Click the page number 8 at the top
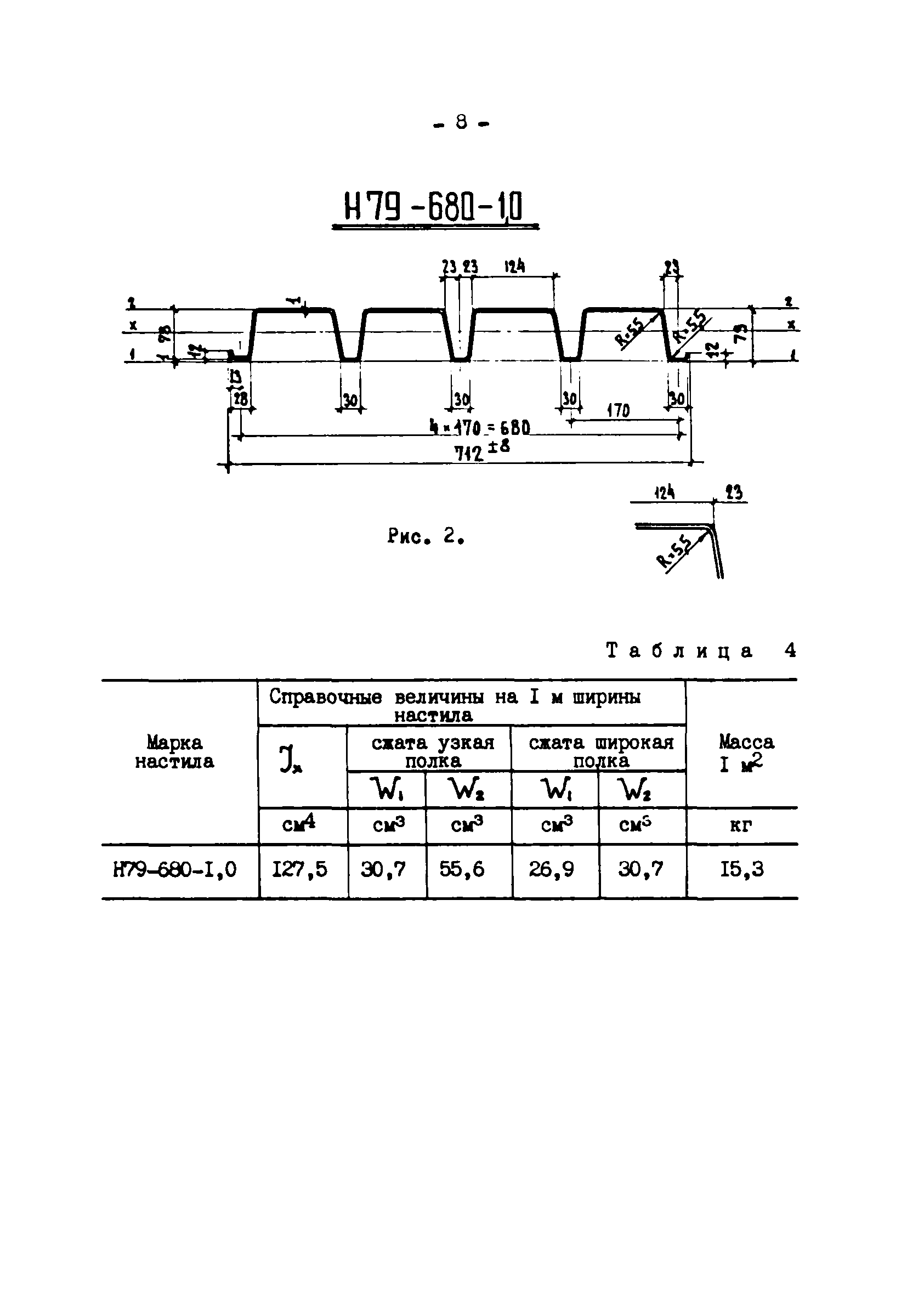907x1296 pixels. click(x=461, y=122)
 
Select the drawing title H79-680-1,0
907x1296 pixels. click(x=433, y=207)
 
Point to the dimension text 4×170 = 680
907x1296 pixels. click(x=480, y=427)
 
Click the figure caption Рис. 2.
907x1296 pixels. click(x=426, y=536)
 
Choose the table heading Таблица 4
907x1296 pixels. click(x=700, y=651)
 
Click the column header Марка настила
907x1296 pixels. click(x=174, y=752)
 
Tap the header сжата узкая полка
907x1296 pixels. click(x=433, y=751)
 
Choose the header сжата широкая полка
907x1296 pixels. click(x=601, y=751)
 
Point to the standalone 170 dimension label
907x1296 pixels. click(x=618, y=410)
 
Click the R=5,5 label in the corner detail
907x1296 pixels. click(x=674, y=552)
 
